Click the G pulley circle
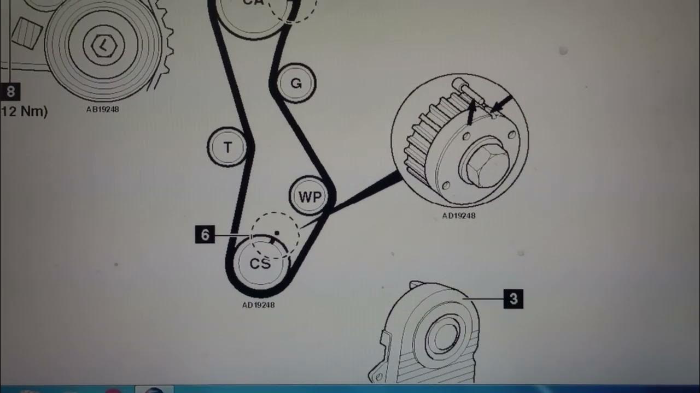point(296,84)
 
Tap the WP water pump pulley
point(310,196)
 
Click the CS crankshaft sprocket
point(260,264)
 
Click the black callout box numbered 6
point(205,235)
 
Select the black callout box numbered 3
point(513,299)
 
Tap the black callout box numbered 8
point(10,92)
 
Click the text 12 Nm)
point(25,112)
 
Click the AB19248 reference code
point(102,109)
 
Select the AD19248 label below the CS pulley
point(258,305)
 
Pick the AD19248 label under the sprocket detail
point(458,216)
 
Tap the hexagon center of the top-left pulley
point(102,46)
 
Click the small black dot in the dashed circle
point(277,233)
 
